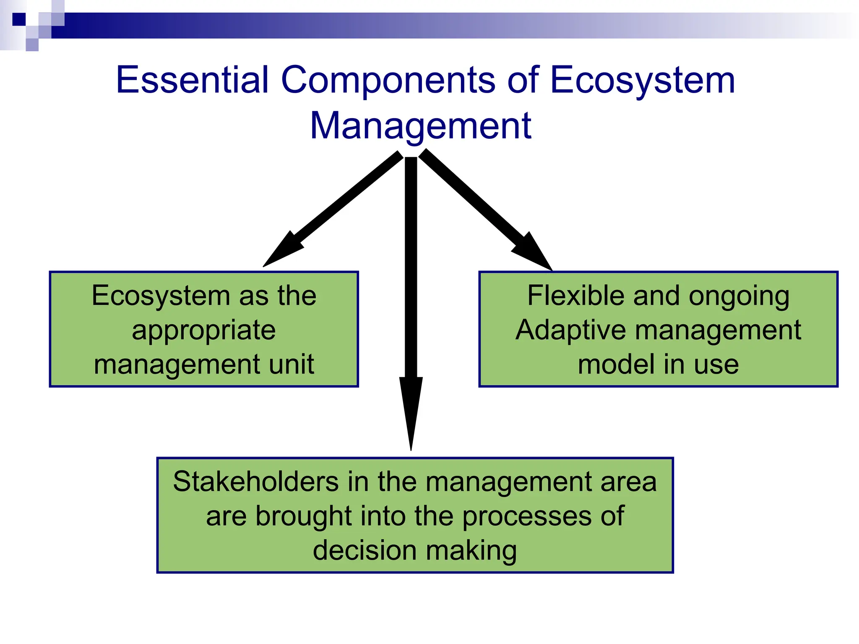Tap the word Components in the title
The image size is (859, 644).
click(x=388, y=80)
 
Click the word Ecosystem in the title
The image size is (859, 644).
click(x=642, y=80)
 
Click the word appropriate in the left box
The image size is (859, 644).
click(x=204, y=330)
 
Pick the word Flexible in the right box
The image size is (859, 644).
click(x=576, y=296)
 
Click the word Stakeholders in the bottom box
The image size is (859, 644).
click(x=255, y=481)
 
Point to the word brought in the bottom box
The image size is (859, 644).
click(x=304, y=516)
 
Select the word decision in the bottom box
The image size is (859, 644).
click(x=362, y=550)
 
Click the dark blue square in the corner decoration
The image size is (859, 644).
click(x=19, y=19)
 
